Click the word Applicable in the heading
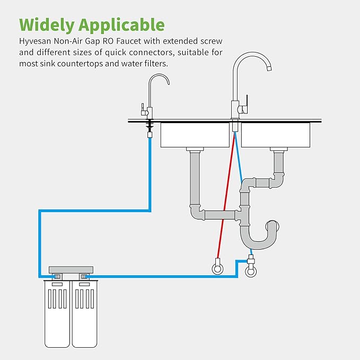tap(122, 25)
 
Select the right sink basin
tap(275, 135)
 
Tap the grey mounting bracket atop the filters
tap(71, 270)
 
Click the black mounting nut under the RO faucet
tap(150, 125)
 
